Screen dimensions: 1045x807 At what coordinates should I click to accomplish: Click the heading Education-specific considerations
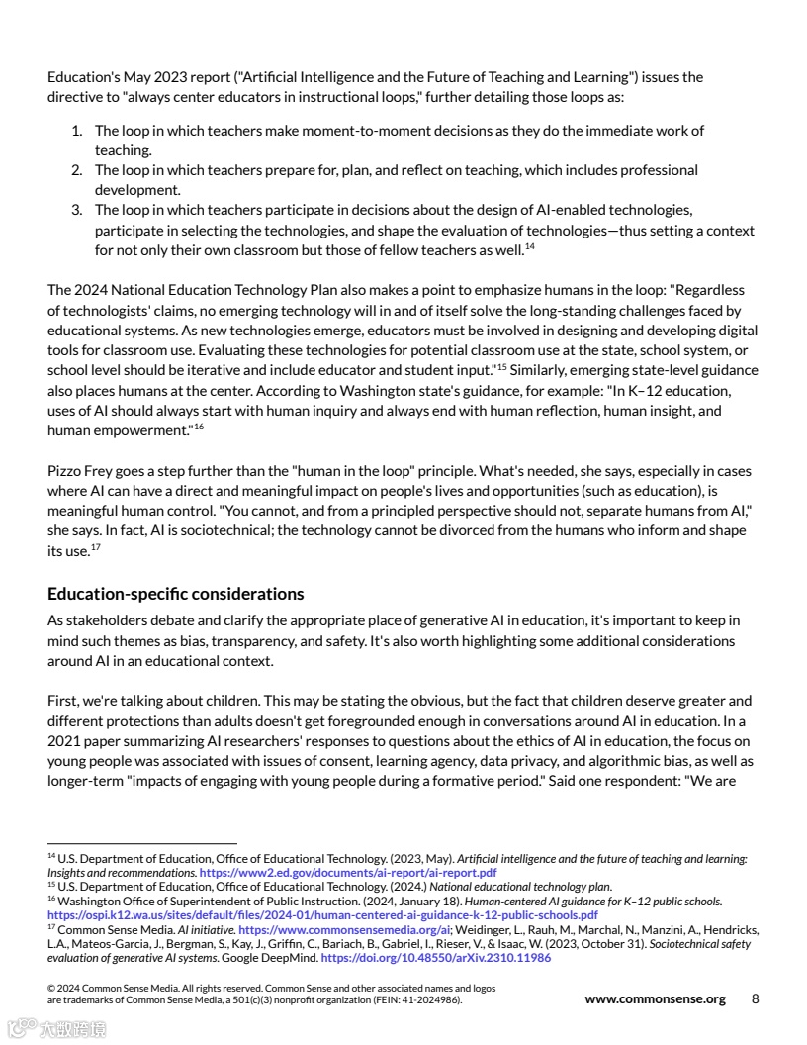click(x=175, y=594)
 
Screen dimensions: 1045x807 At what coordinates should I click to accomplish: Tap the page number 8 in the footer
click(x=755, y=998)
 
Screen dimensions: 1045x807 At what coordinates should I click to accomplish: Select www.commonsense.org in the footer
click(x=655, y=998)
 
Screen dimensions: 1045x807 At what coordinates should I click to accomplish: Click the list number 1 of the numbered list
click(x=76, y=131)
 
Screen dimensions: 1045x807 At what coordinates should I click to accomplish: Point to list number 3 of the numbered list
click(x=76, y=210)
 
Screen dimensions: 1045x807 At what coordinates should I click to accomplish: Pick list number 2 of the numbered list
click(x=76, y=170)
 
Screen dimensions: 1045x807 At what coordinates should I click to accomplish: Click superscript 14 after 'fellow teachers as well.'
click(x=529, y=246)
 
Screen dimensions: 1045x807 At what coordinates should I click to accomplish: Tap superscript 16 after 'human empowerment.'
click(x=198, y=426)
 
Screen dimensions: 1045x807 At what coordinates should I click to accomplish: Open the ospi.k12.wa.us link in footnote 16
click(x=322, y=915)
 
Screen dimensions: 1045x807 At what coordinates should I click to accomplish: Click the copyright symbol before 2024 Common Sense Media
click(x=51, y=989)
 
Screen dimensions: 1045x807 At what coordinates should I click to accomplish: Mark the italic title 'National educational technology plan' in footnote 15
click(x=535, y=887)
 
